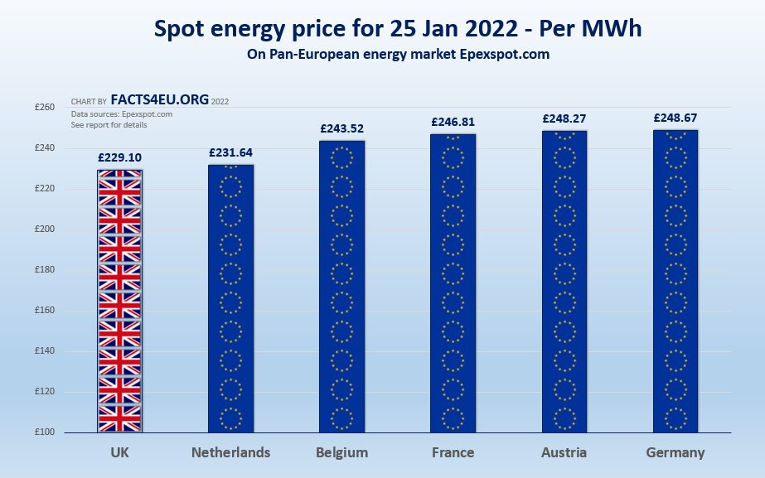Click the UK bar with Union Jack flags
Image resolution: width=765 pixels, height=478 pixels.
119,302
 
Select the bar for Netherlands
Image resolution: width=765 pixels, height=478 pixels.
230,298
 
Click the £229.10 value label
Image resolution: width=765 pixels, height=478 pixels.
119,157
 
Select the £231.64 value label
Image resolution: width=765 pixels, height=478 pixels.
230,152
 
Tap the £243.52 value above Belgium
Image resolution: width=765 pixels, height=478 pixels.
341,128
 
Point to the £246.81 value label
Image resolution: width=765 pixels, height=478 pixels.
453,122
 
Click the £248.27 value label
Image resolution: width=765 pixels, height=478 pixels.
564,118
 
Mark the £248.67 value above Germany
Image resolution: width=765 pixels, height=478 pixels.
675,118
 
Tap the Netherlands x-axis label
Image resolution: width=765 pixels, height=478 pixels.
230,452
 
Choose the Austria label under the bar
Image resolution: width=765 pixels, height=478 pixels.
564,452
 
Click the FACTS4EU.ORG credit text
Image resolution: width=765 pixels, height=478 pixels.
159,100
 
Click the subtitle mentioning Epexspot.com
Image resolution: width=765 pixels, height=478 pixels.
398,55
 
